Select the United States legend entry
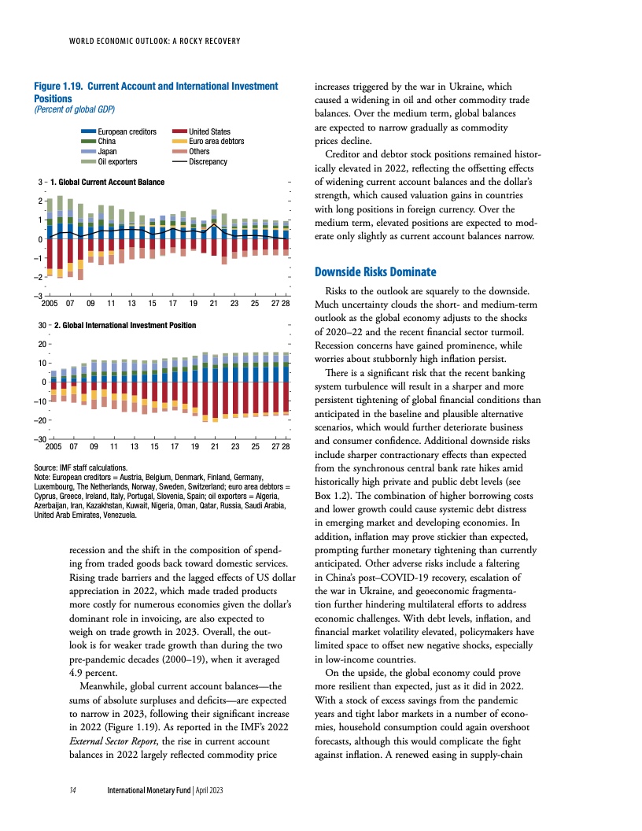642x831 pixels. pyautogui.click(x=209, y=131)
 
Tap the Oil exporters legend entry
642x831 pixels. pyautogui.click(x=117, y=161)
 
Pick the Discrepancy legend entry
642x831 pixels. pyautogui.click(x=208, y=161)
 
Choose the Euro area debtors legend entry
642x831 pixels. pyautogui.click(x=216, y=141)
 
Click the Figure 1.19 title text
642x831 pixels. pyautogui.click(x=156, y=91)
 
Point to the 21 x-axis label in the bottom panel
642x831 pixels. pyautogui.click(x=214, y=445)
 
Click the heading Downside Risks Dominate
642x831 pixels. pyautogui.click(x=374, y=272)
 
